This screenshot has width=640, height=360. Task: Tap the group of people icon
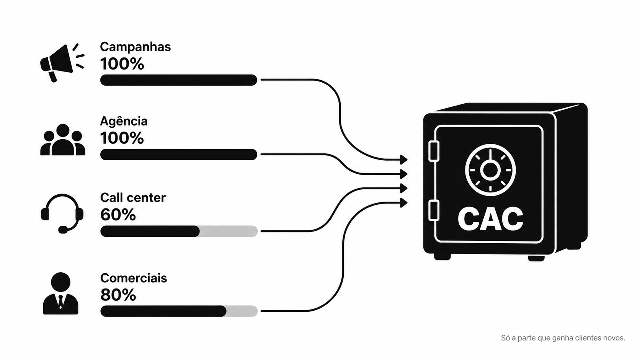point(62,140)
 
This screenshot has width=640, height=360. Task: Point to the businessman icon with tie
point(60,293)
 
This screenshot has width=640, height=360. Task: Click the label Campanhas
point(135,47)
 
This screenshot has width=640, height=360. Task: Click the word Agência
point(124,121)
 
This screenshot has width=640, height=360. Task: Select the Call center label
point(133,197)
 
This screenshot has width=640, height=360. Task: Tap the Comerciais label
point(134,278)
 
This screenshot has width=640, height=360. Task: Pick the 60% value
point(118,214)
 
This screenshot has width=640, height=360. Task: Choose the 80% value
point(118,295)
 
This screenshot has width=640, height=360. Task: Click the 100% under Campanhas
point(122,64)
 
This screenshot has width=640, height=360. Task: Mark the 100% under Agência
point(122,138)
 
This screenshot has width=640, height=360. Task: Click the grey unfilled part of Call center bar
point(229,231)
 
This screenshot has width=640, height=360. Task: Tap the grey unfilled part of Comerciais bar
point(242,311)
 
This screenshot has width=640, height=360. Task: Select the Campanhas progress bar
point(179,80)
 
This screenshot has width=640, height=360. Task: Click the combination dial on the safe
point(490,170)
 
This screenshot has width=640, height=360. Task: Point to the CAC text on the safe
point(490,219)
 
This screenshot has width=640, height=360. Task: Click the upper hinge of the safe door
point(434,151)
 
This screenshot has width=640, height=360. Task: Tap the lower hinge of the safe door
point(434,210)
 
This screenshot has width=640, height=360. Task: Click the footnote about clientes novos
point(563,338)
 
